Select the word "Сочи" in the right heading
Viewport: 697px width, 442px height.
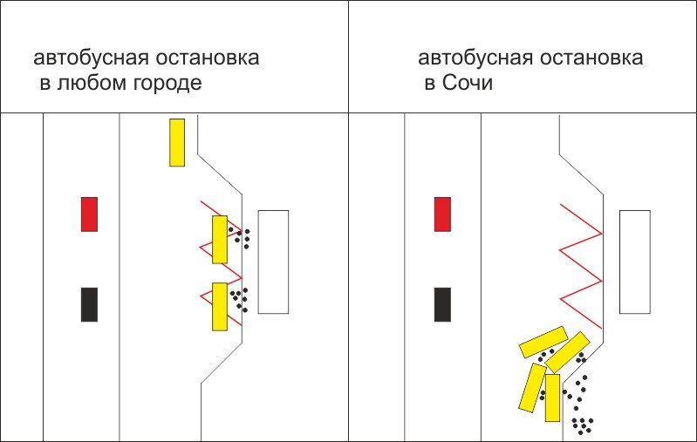coord(467,84)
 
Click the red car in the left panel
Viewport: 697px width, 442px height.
coord(89,214)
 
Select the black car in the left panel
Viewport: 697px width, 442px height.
coord(89,304)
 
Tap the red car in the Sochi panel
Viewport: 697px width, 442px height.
coord(442,214)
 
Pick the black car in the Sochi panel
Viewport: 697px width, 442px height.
coord(442,304)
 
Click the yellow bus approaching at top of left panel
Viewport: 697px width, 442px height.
coord(177,142)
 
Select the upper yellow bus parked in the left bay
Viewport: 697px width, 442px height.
coord(220,240)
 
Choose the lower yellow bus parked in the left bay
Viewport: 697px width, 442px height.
coord(220,306)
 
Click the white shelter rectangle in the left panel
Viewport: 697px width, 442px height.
coord(273,262)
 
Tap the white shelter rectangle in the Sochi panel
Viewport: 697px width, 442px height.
coord(634,262)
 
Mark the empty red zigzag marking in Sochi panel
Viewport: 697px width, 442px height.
coord(580,266)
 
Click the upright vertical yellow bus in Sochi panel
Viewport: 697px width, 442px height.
coord(552,398)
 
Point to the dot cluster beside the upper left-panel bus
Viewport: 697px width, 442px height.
coord(242,236)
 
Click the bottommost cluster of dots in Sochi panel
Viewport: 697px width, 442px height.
coord(582,425)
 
